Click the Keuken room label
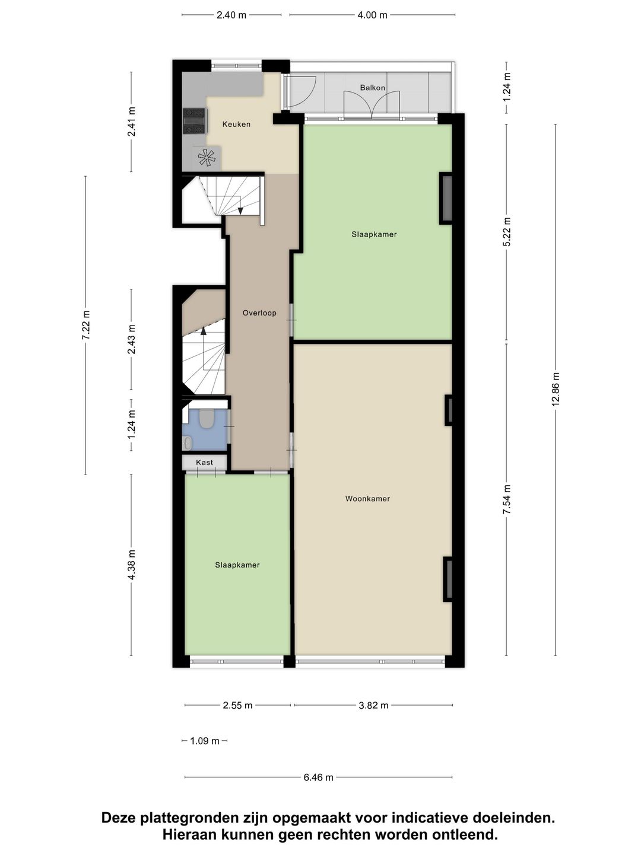tap(236, 125)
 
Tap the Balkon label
tap(372, 88)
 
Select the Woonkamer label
tap(367, 499)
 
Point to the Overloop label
tap(259, 313)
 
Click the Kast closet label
tap(204, 463)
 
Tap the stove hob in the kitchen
tap(194, 121)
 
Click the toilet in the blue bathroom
tap(207, 419)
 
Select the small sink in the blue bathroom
tap(188, 442)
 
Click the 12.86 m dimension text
tap(556, 389)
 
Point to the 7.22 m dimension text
tap(86, 325)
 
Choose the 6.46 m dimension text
tap(318, 777)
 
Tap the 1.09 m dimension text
tap(205, 741)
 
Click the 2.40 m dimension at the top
tap(231, 15)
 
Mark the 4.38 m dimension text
tap(132, 565)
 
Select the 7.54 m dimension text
tap(506, 499)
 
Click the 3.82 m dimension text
tap(373, 706)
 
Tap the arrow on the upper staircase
tap(240, 209)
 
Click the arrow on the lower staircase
tap(204, 330)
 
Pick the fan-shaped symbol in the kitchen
tap(206, 157)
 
